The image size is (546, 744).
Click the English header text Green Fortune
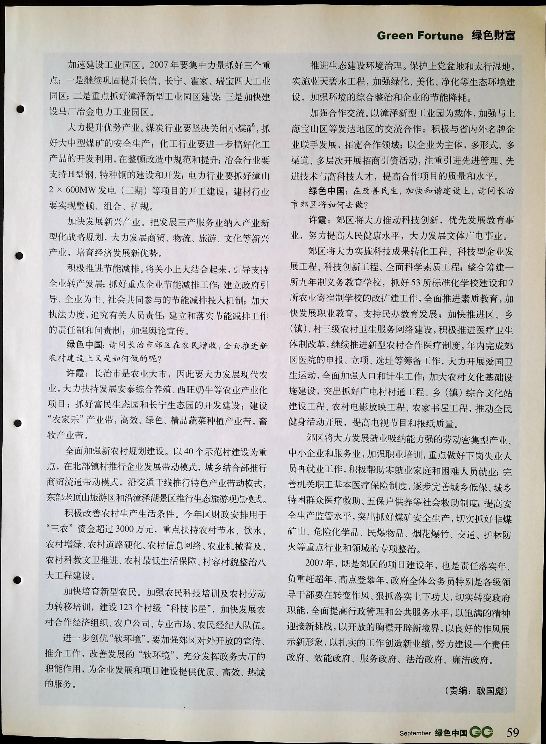point(420,36)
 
